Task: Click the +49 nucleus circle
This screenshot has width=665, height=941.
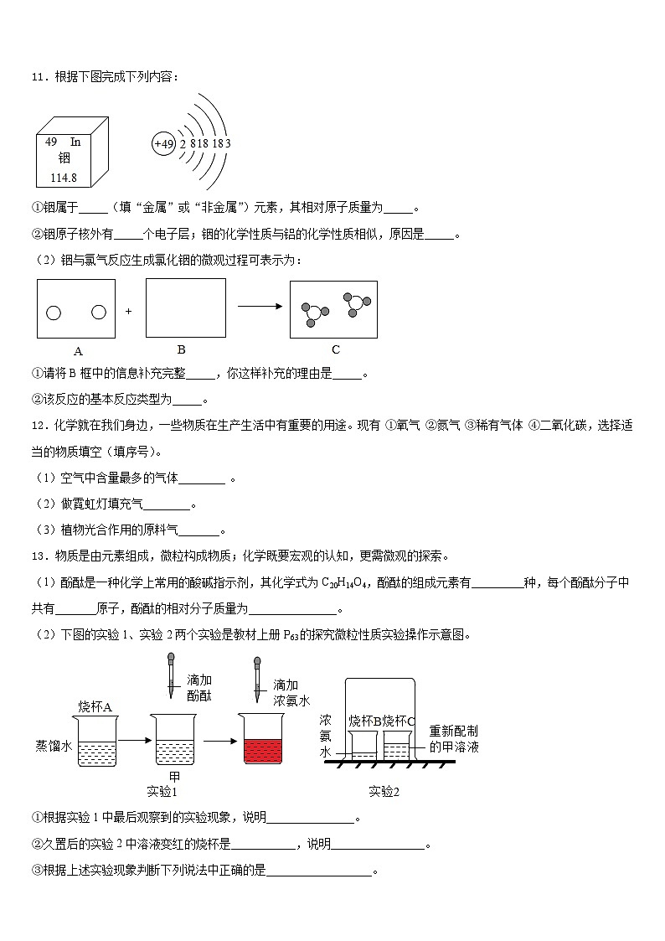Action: click(164, 144)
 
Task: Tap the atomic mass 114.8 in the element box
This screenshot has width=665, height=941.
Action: click(64, 178)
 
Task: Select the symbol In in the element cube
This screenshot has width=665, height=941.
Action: click(75, 142)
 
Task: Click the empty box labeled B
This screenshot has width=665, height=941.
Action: click(185, 308)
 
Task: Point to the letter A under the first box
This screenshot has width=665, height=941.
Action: click(78, 351)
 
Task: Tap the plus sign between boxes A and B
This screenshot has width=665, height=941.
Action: click(129, 311)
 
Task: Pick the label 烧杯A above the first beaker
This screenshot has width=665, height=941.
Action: click(95, 706)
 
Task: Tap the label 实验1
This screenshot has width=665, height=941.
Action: click(162, 791)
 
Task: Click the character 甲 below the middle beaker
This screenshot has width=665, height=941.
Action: click(174, 775)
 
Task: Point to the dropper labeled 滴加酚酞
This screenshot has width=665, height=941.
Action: click(171, 676)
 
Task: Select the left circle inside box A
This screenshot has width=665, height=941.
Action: click(54, 313)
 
